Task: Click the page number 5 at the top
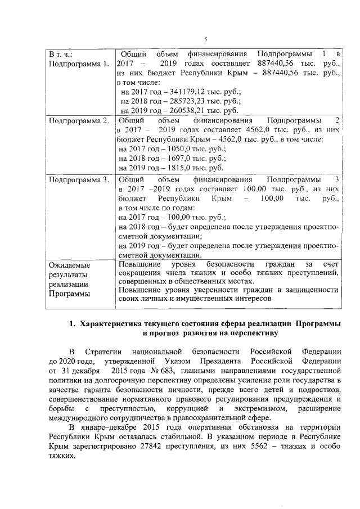pyautogui.click(x=206, y=39)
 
